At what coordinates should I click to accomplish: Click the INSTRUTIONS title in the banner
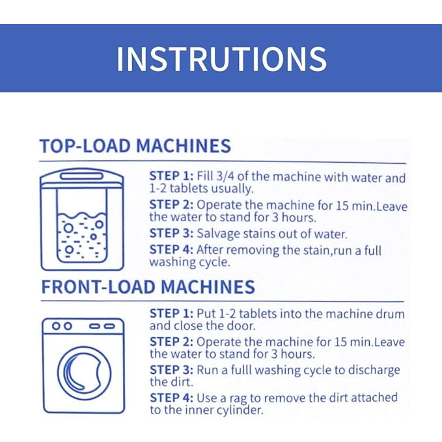[x=221, y=59]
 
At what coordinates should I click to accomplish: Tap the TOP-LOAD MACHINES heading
[x=135, y=146]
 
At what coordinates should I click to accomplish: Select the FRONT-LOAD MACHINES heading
[x=148, y=286]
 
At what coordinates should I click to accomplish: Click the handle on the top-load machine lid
[x=82, y=176]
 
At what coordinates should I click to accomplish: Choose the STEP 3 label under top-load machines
[x=171, y=234]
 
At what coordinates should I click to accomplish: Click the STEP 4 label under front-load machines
[x=171, y=398]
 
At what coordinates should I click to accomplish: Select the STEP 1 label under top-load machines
[x=171, y=176]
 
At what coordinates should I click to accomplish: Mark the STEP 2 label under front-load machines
[x=171, y=342]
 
